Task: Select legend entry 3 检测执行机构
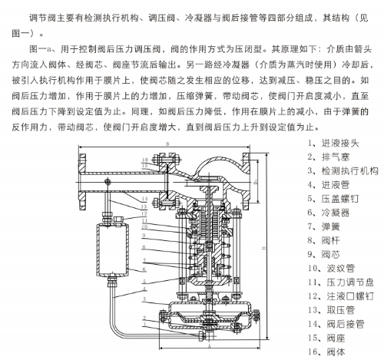342,173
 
